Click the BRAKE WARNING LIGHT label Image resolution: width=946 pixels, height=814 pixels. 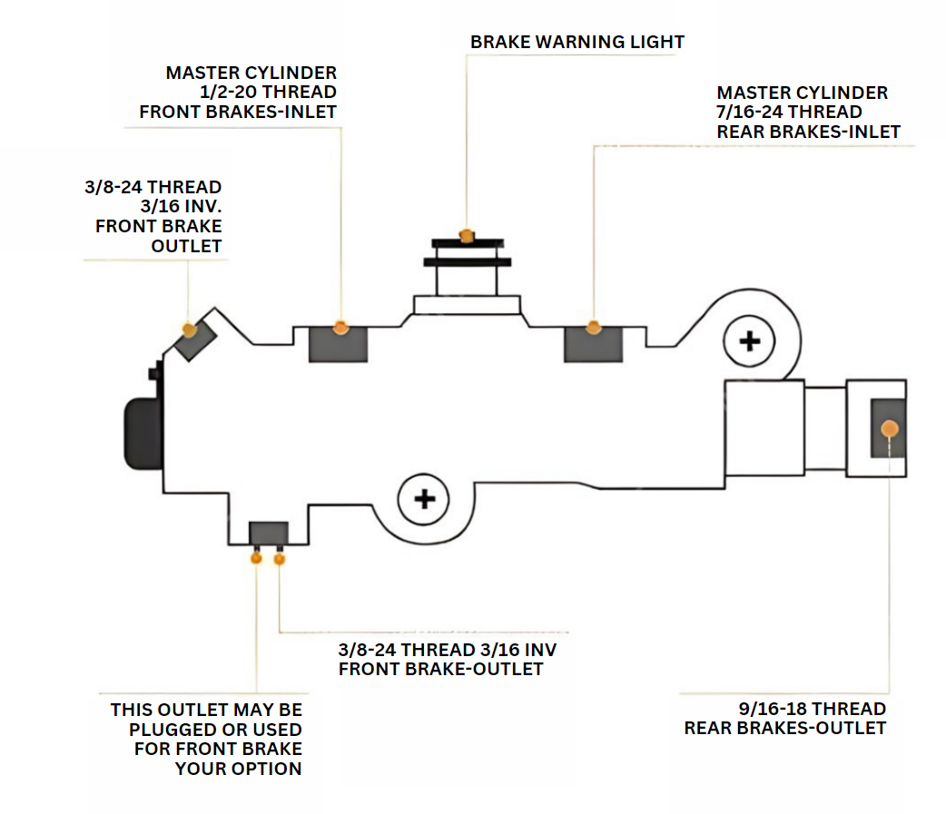pyautogui.click(x=576, y=42)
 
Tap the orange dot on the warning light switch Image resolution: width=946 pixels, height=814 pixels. pyautogui.click(x=467, y=236)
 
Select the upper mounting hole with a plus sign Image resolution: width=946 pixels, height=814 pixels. pyautogui.click(x=749, y=341)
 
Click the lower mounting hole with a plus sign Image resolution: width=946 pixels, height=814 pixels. pyautogui.click(x=424, y=498)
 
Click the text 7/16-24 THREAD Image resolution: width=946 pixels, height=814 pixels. pyautogui.click(x=789, y=112)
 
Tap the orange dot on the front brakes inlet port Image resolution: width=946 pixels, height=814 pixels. pyautogui.click(x=340, y=327)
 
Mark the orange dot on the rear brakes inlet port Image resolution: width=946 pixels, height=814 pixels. pyautogui.click(x=594, y=327)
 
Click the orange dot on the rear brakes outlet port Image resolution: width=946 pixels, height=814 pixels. pyautogui.click(x=890, y=427)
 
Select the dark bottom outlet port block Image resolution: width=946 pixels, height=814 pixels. pyautogui.click(x=269, y=533)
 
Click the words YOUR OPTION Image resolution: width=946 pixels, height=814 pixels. pyautogui.click(x=238, y=769)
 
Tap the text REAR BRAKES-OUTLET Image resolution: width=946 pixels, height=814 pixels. pyautogui.click(x=784, y=728)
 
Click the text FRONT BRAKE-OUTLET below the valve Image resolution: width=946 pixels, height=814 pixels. pyautogui.click(x=440, y=670)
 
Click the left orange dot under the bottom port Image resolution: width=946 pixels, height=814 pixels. pyautogui.click(x=256, y=558)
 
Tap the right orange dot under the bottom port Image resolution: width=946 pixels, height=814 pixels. pyautogui.click(x=279, y=559)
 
